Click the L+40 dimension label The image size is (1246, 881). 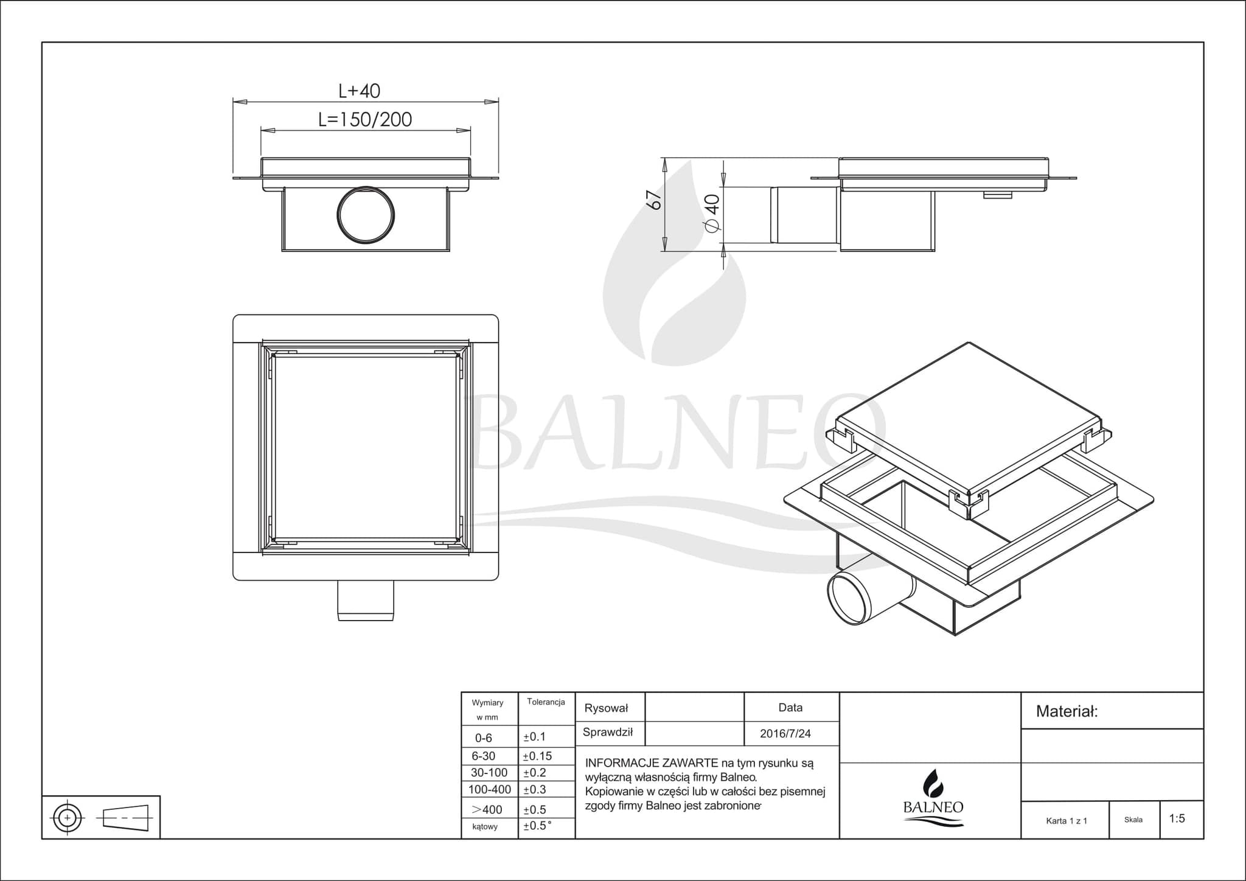click(360, 91)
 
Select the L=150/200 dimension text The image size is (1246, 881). click(365, 120)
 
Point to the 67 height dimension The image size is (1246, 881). click(653, 200)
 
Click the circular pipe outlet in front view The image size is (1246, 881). click(366, 215)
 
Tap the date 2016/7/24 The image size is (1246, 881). click(785, 734)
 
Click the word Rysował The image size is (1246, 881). click(606, 708)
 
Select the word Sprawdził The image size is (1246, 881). click(607, 733)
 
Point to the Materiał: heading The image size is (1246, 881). click(1067, 711)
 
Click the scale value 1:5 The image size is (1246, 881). click(1177, 819)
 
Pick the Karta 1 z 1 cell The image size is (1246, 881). click(1066, 821)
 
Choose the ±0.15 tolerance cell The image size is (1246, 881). click(537, 756)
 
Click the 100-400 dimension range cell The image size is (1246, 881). click(489, 790)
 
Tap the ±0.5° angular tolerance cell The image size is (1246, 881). click(537, 826)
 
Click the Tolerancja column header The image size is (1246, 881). click(546, 702)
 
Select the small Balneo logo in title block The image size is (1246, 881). click(933, 798)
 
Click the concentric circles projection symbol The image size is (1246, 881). click(68, 817)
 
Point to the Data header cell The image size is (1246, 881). click(790, 708)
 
